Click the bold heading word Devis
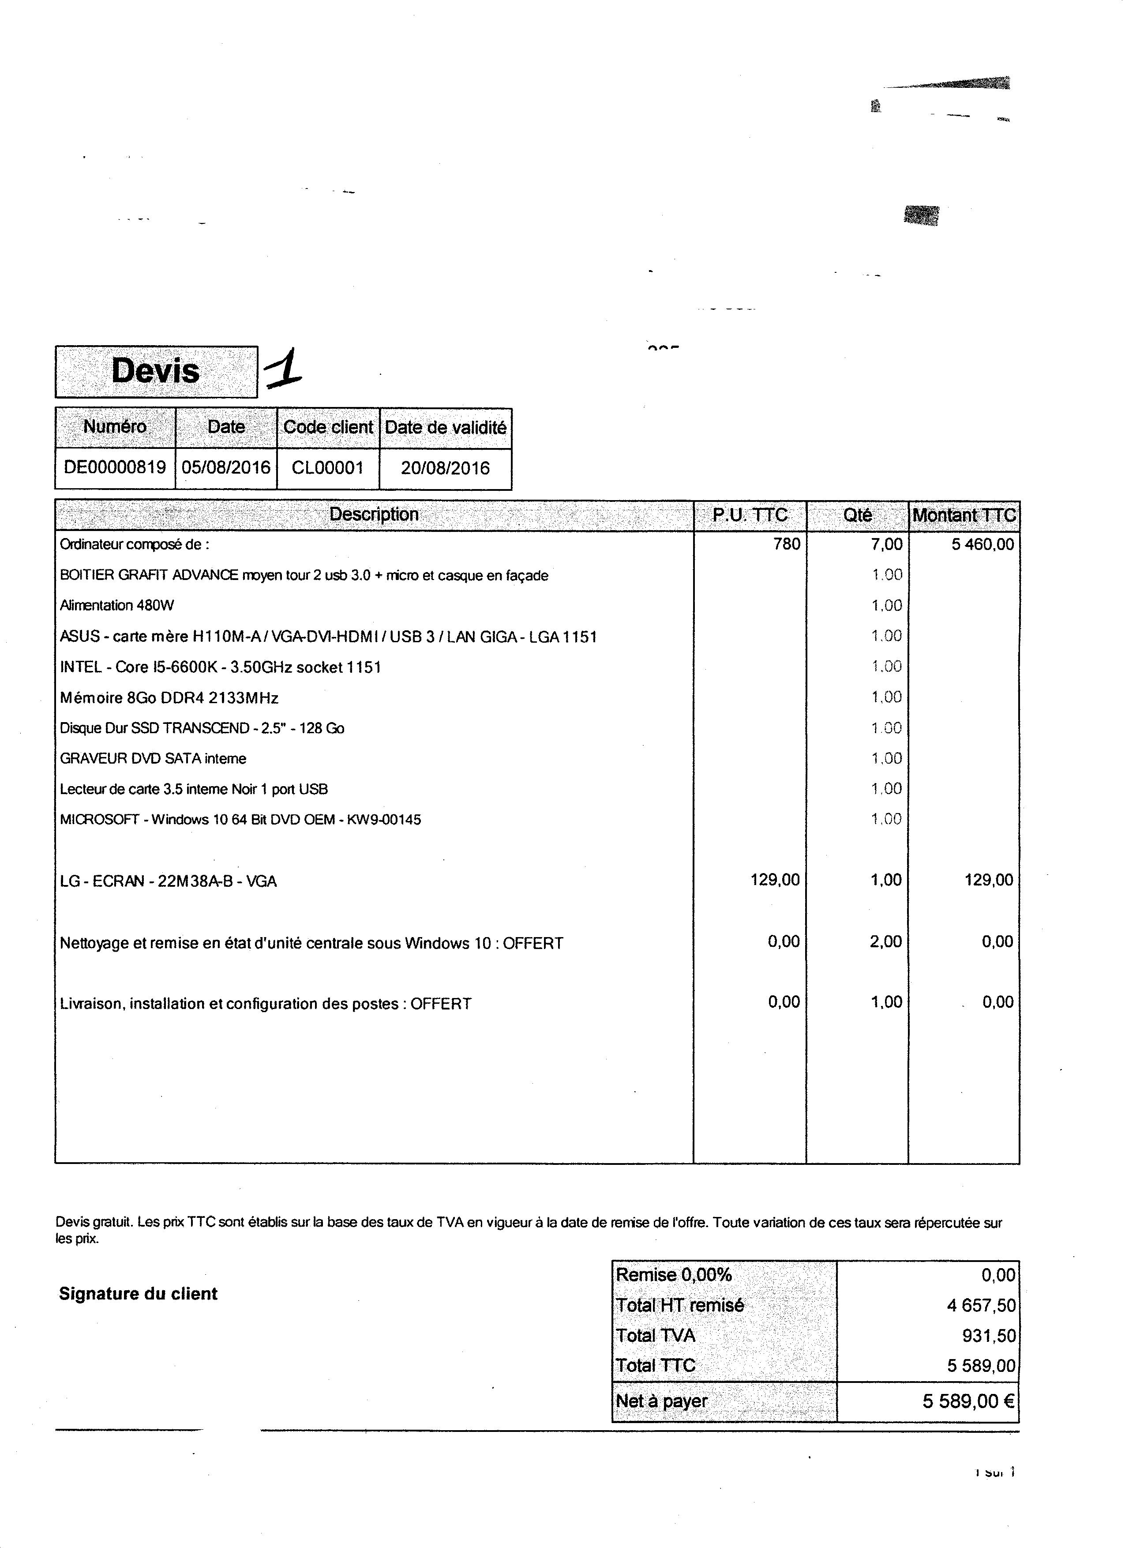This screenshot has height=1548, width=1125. point(156,371)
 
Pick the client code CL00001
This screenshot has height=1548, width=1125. point(327,468)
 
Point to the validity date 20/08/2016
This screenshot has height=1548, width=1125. point(445,468)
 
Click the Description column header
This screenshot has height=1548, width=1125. point(374,515)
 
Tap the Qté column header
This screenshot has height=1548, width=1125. point(857,515)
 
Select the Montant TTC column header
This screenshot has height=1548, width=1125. point(964,515)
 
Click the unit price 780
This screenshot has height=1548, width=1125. point(787,544)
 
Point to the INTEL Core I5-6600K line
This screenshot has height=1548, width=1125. point(220,667)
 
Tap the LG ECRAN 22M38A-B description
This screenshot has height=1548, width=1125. point(169,881)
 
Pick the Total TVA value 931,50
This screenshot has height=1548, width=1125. point(989,1336)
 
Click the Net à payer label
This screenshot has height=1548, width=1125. point(661,1401)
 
